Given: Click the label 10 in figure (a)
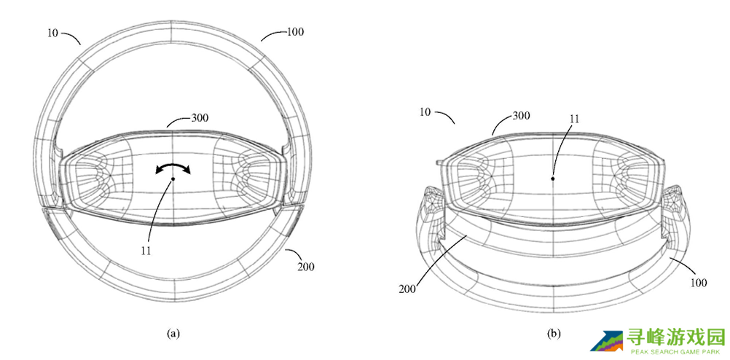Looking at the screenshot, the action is tap(52, 33).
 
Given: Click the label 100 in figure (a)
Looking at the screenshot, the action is tap(296, 31).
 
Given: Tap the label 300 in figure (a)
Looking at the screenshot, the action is tap(200, 118).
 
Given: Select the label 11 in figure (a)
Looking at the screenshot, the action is tap(146, 251).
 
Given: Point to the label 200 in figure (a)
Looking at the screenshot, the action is tap(306, 267).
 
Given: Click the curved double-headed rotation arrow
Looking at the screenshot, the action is tap(173, 168).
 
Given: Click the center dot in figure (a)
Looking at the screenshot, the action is tap(173, 179).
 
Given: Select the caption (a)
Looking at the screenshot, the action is tap(173, 334).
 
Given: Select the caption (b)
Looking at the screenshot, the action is tap(554, 334).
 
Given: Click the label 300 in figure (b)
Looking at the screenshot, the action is tap(522, 116).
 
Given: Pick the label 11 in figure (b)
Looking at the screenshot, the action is tap(575, 119).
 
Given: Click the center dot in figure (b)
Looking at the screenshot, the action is tap(553, 178).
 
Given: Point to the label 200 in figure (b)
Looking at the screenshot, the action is tap(407, 289).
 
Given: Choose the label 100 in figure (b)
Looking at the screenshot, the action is tap(699, 283).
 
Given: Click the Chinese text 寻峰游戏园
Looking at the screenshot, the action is tap(675, 336).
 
